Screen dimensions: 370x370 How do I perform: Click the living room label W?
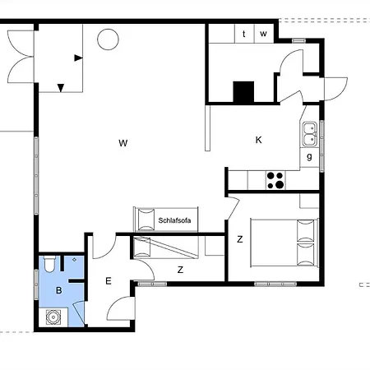click(123, 143)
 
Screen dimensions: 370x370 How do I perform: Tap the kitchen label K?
click(258, 140)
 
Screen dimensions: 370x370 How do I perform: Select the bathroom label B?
click(58, 290)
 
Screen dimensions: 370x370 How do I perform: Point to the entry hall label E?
click(109, 281)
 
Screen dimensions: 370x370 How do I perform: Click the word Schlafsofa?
click(174, 220)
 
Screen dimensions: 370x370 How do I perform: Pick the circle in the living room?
click(108, 39)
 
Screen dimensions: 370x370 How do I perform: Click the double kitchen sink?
click(310, 134)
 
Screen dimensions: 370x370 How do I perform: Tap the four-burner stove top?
click(275, 180)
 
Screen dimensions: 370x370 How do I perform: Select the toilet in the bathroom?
click(49, 264)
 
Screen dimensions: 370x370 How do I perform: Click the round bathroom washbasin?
click(53, 317)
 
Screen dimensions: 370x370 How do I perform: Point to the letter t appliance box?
click(244, 34)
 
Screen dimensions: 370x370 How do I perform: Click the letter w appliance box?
click(264, 34)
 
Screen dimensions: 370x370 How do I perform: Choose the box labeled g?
click(310, 157)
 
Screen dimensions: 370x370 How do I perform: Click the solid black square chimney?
click(243, 92)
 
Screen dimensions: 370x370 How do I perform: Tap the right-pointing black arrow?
click(78, 58)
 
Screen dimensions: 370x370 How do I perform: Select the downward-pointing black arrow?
click(61, 88)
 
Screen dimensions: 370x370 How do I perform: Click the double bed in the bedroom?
click(284, 243)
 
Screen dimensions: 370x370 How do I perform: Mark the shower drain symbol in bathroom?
click(74, 260)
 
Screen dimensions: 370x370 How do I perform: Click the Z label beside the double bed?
click(240, 239)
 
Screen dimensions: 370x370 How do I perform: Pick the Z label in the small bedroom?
click(180, 270)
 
